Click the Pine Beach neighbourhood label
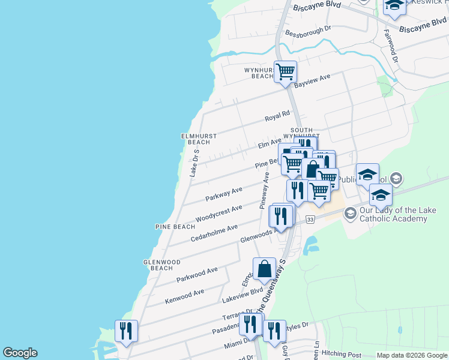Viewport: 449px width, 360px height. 175,227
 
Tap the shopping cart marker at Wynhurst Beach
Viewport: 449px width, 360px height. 286,72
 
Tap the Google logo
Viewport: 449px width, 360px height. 20,353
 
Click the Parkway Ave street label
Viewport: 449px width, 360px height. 224,193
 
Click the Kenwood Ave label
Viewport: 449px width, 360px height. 185,295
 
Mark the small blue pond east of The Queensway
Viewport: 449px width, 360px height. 311,244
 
